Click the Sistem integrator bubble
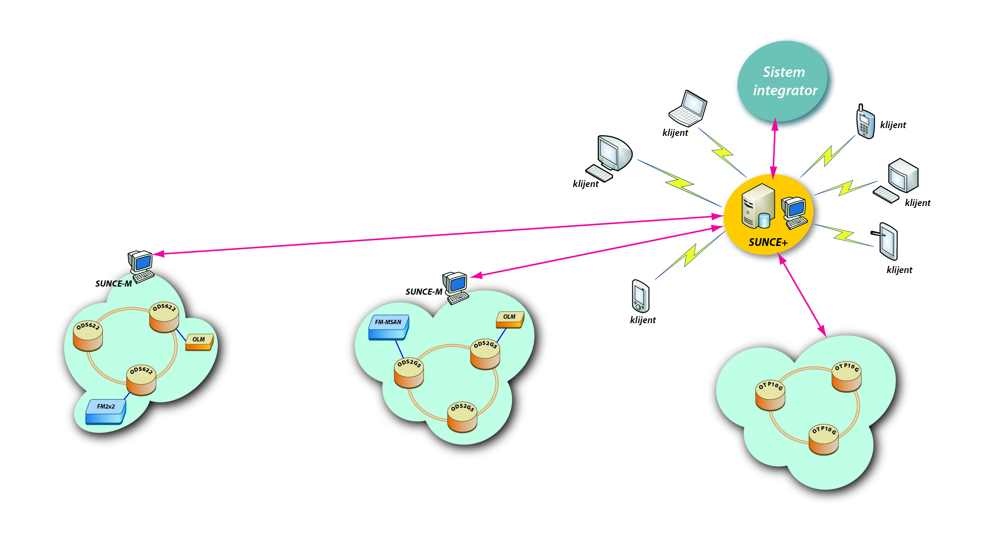[x=783, y=81]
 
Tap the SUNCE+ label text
[x=768, y=243]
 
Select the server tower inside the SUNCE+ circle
[x=757, y=206]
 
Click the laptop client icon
[x=688, y=109]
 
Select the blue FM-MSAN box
[x=388, y=327]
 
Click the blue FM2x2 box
[x=106, y=411]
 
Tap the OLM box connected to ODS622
[x=199, y=342]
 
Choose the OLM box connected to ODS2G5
[x=510, y=319]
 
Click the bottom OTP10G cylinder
[x=824, y=439]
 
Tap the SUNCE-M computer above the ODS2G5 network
[x=455, y=287]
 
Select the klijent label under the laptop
[x=675, y=133]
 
